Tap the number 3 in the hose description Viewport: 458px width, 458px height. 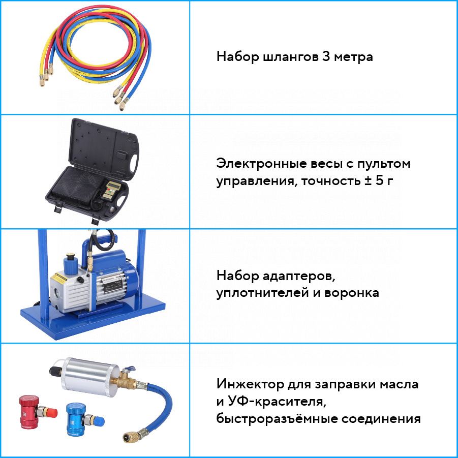326,56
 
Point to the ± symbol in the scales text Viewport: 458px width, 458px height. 368,180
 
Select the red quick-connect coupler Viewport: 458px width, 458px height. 36,412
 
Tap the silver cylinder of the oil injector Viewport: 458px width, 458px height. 87,377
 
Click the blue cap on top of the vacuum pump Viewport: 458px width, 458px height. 70,263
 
